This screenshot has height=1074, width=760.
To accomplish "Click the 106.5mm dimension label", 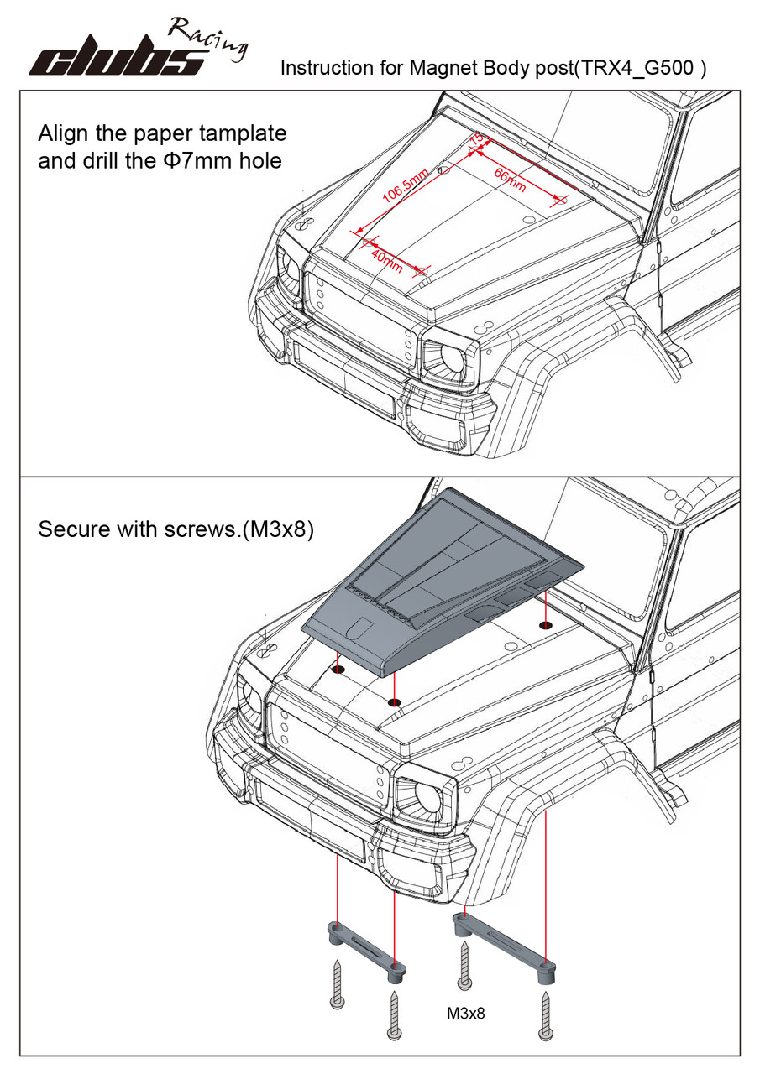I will pos(405,186).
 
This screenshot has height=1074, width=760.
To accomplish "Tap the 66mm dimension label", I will pos(510,180).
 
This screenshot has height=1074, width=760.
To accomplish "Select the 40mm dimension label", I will pos(386,260).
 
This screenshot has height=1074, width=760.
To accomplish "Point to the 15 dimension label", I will pos(476,138).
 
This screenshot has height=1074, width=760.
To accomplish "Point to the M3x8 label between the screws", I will pos(466,1013).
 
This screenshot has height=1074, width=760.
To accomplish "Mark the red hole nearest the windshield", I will pos(547,624).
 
